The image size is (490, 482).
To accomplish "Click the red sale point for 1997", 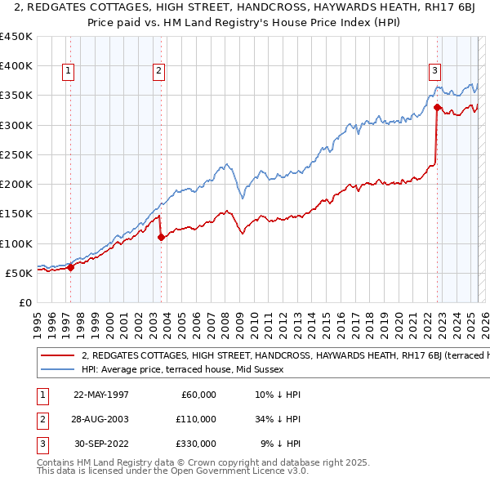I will pyautogui.click(x=71, y=266).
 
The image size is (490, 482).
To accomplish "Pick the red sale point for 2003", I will pyautogui.click(x=162, y=237).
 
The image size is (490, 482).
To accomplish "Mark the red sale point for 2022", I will pyautogui.click(x=438, y=107).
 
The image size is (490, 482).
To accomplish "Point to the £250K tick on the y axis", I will pyautogui.click(x=16, y=154).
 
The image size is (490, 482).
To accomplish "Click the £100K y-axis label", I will pyautogui.click(x=16, y=243).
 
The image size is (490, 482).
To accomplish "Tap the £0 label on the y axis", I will pyautogui.click(x=24, y=302).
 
